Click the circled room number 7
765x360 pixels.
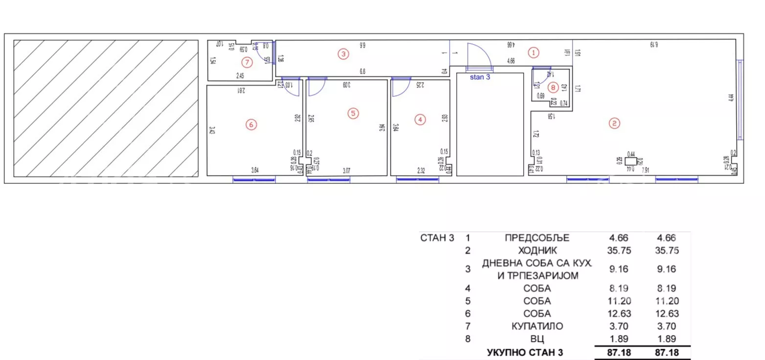click(x=247, y=62)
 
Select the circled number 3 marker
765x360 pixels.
click(x=344, y=54)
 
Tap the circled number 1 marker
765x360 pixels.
click(x=534, y=52)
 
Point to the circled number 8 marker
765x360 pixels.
click(x=553, y=88)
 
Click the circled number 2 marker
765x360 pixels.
click(x=614, y=123)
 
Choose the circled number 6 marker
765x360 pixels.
click(x=251, y=125)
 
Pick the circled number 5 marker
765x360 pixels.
click(x=353, y=113)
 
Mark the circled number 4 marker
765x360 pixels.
click(x=419, y=119)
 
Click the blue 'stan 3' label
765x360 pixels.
click(x=480, y=77)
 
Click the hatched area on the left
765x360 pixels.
click(x=106, y=108)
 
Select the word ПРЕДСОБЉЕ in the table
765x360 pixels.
click(x=537, y=238)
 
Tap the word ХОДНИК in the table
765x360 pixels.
click(x=537, y=251)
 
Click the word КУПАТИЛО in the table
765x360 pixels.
click(x=537, y=326)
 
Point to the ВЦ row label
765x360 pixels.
click(x=537, y=339)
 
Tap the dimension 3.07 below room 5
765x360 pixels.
click(x=347, y=170)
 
